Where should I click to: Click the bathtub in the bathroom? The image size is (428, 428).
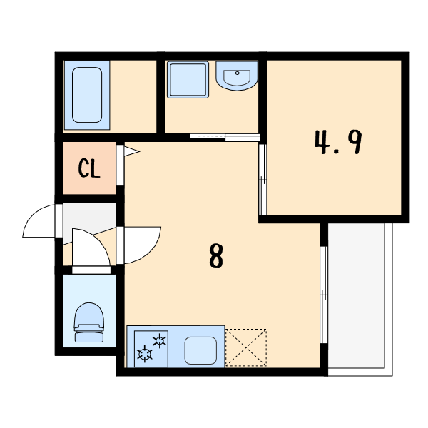click(87, 95)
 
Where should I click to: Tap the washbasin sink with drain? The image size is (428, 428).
click(237, 76)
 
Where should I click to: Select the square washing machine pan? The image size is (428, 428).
click(188, 79)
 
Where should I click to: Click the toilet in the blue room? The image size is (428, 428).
click(89, 322)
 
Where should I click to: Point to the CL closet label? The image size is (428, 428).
click(89, 168)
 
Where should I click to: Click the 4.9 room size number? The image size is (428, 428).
click(338, 142)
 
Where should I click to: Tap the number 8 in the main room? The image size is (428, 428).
click(216, 255)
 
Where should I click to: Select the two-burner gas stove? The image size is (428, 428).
click(151, 349)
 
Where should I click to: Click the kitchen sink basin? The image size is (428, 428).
click(200, 350)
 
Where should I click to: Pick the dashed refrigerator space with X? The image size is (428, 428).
click(246, 347)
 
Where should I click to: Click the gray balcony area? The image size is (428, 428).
click(356, 295)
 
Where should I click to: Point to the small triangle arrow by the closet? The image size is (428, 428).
click(131, 151)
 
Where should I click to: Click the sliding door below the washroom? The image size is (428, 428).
click(225, 137)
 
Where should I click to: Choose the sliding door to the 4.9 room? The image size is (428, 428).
click(263, 180)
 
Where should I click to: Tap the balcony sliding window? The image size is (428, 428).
click(324, 295)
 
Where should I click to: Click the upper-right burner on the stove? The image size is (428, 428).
click(159, 341)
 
